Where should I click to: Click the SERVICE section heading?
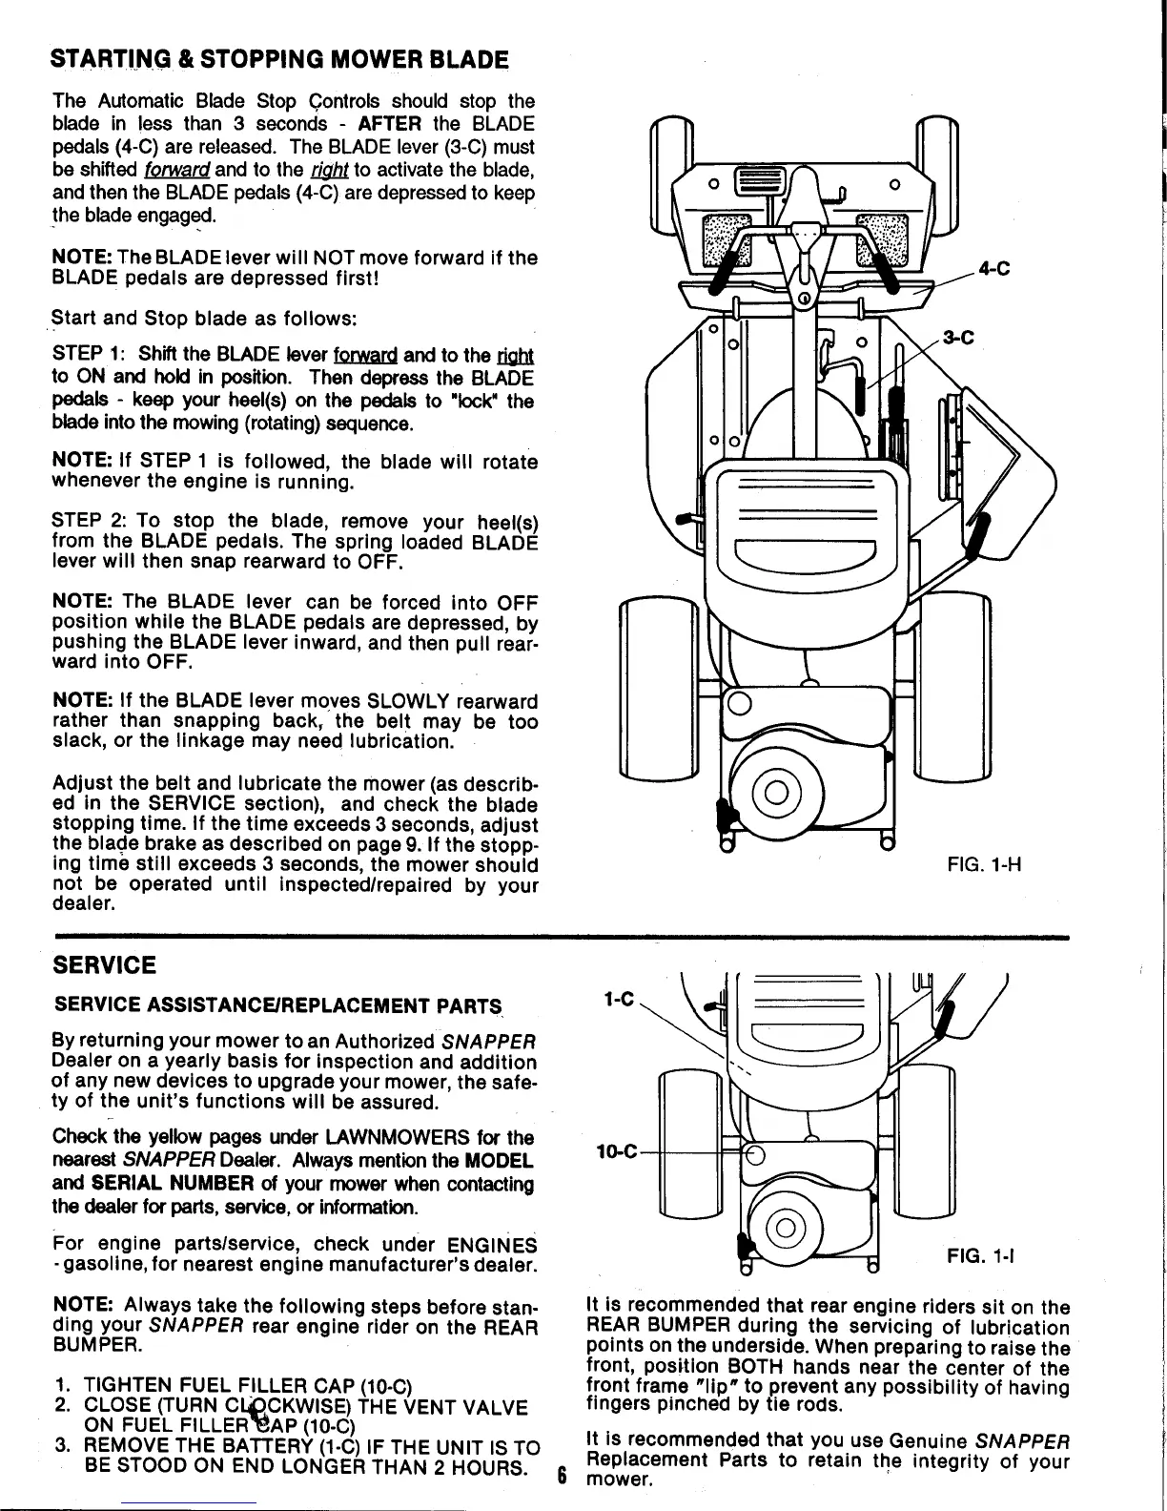click(x=106, y=965)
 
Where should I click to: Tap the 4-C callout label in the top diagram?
click(x=993, y=269)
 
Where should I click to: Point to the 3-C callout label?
click(x=957, y=337)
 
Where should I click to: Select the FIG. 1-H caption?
click(x=985, y=868)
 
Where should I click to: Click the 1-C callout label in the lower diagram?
click(x=619, y=999)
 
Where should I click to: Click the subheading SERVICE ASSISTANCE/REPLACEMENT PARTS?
click(x=277, y=1005)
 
